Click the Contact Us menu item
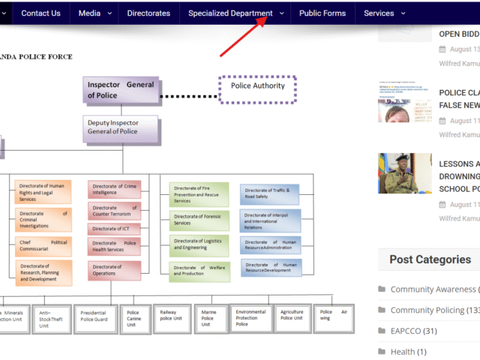pos(40,13)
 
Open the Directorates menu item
pos(148,13)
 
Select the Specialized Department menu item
pos(230,13)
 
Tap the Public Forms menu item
pos(322,13)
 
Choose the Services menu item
pos(379,13)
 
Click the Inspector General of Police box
pos(121,90)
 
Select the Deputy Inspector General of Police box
pos(121,128)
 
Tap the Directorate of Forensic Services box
pos(199,219)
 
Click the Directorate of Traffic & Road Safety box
pos(270,195)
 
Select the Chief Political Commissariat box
pos(43,247)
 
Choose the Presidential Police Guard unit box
pos(94,317)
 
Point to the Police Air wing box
pos(334,316)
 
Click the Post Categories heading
pos(430,259)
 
